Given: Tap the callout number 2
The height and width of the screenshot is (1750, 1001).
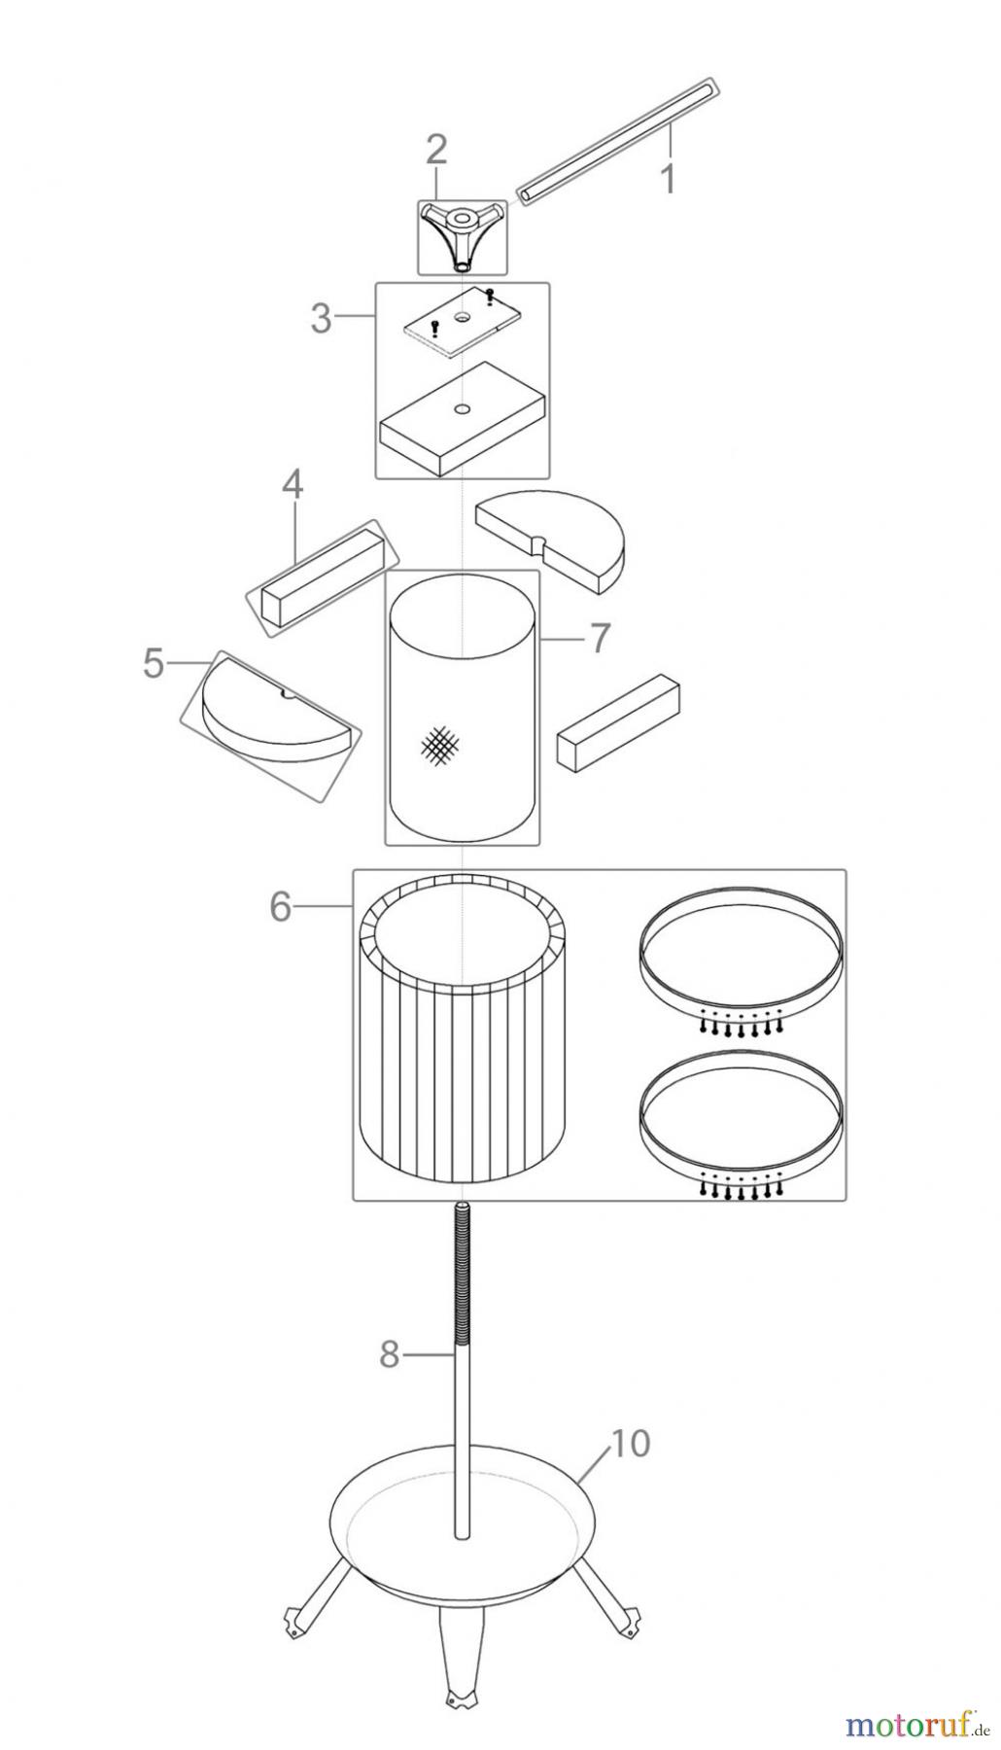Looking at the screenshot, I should click(x=436, y=150).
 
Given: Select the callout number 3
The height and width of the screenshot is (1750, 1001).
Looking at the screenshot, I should click(x=322, y=319).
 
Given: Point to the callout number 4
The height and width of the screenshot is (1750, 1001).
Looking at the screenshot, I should click(x=293, y=486).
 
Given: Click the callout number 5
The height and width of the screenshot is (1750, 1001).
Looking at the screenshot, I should click(x=154, y=664).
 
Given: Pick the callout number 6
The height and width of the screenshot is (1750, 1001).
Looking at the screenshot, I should click(x=281, y=907).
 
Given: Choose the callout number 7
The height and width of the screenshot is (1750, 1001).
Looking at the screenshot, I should click(x=599, y=639).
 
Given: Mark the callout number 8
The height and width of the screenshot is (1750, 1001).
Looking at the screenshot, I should click(x=390, y=1354).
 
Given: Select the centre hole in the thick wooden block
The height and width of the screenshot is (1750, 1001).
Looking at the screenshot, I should click(x=462, y=407).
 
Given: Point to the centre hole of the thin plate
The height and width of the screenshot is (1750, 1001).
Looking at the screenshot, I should click(x=459, y=317).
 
